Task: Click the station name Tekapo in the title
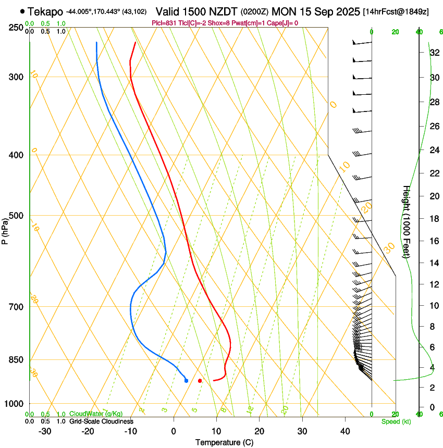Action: point(45,11)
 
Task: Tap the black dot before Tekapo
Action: point(22,11)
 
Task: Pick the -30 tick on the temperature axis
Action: point(45,431)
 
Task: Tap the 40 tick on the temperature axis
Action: point(345,431)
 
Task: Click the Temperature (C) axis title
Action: point(224,442)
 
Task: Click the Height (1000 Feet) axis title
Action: point(407,221)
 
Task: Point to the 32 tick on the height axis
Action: point(433,52)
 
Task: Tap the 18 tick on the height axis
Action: point(433,219)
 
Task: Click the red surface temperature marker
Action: point(200,381)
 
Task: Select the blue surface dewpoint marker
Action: point(187,381)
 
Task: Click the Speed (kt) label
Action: point(396,421)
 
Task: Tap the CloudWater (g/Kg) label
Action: point(89,414)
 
